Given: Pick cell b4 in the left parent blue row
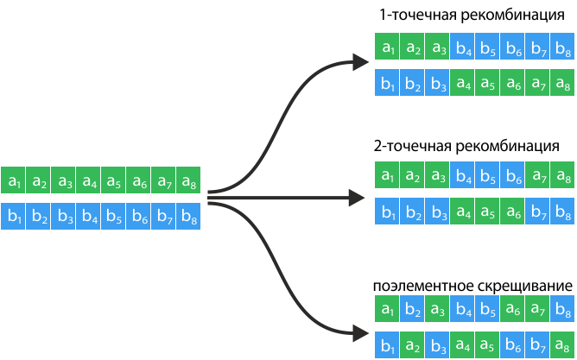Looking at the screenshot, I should pos(88,215).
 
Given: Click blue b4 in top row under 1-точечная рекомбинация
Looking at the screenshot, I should pos(463,49).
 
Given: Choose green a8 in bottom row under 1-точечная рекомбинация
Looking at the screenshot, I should pos(562,84).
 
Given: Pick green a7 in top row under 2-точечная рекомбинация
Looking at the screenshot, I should pos(537,176).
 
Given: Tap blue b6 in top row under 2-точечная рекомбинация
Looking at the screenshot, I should pos(512,176).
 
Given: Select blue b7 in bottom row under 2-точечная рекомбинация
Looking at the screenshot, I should pos(537,211).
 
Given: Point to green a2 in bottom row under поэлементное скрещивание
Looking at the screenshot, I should pos(413,345).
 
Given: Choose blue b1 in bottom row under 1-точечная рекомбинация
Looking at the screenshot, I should pos(388,84).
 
